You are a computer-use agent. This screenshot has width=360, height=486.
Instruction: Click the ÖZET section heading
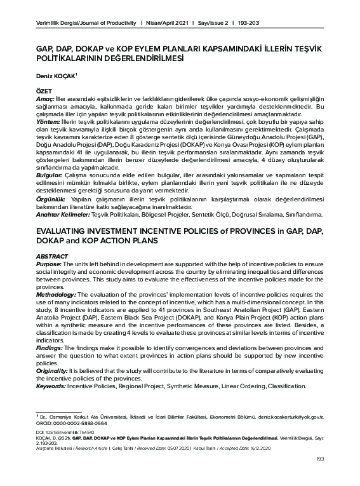point(44,91)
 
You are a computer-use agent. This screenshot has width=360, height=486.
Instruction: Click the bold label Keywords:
point(51,386)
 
